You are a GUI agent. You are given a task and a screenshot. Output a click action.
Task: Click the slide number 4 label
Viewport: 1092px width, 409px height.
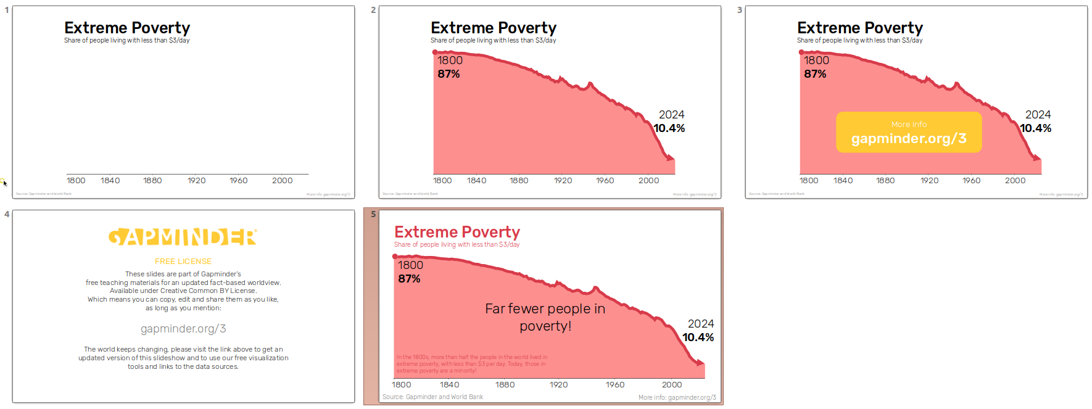click(x=7, y=214)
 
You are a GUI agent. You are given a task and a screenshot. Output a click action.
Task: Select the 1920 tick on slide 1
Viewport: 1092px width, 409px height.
click(x=197, y=181)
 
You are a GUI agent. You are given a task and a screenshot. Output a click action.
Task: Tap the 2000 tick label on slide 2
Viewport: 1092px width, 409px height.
click(x=648, y=181)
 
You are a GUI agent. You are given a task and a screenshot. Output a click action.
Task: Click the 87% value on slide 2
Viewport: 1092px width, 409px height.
click(x=449, y=74)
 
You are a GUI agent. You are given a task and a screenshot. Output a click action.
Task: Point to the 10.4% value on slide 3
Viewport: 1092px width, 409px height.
click(x=1035, y=128)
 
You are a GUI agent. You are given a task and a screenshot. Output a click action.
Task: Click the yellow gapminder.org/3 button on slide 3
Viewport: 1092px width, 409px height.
click(x=908, y=132)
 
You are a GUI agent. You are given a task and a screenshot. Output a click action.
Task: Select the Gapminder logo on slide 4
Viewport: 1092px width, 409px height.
click(x=183, y=238)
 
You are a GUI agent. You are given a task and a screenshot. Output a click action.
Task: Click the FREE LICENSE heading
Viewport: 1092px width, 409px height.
click(x=183, y=262)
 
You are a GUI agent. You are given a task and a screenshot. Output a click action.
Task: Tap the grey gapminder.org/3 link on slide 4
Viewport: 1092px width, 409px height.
click(x=183, y=329)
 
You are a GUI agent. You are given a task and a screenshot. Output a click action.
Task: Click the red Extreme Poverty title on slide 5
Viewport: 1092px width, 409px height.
click(x=457, y=232)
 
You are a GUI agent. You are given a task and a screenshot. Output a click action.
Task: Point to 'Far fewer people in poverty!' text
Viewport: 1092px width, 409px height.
click(x=545, y=317)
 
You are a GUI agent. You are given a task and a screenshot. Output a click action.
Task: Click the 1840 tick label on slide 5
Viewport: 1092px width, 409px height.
click(x=449, y=385)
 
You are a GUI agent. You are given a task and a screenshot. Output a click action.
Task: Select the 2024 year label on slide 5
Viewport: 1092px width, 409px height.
click(x=700, y=324)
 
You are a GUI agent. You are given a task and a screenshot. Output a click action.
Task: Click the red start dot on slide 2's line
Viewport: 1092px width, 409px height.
click(x=435, y=52)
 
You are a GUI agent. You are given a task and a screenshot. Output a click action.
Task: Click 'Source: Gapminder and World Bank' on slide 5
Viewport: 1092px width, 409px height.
click(x=432, y=397)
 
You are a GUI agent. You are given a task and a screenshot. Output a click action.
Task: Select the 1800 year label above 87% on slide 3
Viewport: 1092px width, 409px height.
click(x=816, y=60)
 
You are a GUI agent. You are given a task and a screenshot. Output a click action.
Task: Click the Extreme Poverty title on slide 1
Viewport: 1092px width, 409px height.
click(x=127, y=28)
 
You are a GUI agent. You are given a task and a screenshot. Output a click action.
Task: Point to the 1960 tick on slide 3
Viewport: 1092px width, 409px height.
click(x=971, y=181)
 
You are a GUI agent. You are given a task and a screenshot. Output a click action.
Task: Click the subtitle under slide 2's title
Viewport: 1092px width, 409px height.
click(x=493, y=41)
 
